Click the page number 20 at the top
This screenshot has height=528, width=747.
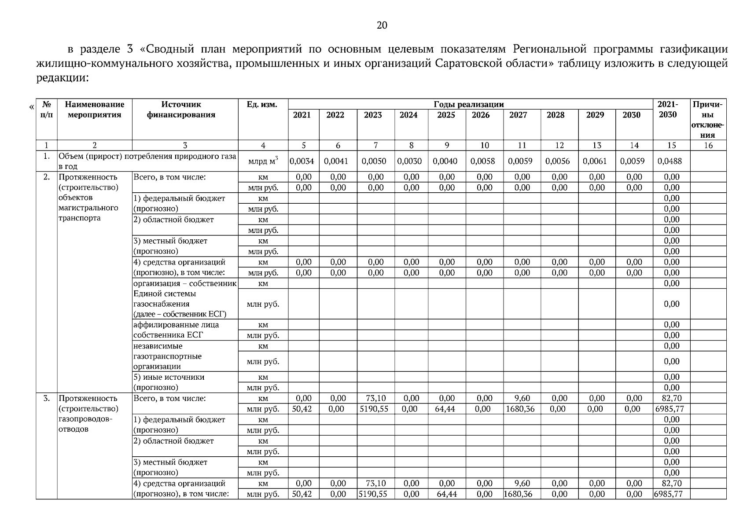coord(382,26)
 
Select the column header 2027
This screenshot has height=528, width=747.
coord(522,115)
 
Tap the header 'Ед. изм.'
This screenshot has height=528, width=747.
coord(263,104)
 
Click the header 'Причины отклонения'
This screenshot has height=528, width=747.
coord(708,120)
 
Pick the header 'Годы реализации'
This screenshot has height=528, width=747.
coord(469,104)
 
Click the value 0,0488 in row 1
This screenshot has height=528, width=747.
coord(670,161)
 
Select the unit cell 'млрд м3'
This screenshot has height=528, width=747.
coord(263,161)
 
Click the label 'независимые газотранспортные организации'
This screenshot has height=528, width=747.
coord(168,356)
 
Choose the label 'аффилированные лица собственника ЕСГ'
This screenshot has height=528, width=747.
coord(176,330)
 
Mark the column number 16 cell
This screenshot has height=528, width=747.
coord(708,146)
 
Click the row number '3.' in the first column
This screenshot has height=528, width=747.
coord(46,398)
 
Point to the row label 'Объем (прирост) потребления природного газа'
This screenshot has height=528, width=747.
coord(147,157)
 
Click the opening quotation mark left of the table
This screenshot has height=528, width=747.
coord(31,106)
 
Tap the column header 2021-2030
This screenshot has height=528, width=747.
coord(668,110)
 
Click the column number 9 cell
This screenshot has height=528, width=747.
coord(446,146)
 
